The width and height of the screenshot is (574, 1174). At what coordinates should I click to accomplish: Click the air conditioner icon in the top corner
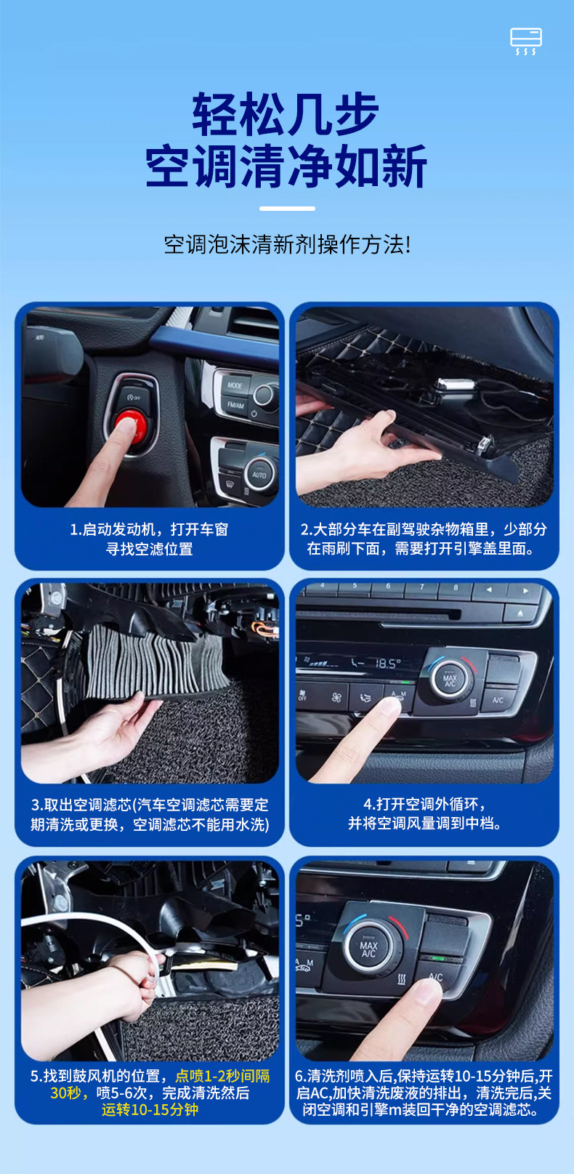[x=526, y=41]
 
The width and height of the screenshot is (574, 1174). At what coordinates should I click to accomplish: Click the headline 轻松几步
[x=286, y=114]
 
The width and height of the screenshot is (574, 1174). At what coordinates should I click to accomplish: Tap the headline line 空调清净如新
[x=286, y=166]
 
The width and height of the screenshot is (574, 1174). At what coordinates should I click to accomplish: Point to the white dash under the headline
[x=287, y=209]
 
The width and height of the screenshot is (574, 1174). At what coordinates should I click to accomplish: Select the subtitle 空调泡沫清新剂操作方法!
[x=287, y=244]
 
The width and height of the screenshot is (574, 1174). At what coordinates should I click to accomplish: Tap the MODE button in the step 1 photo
[x=235, y=385]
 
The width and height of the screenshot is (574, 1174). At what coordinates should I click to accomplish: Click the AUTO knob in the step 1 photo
[x=260, y=474]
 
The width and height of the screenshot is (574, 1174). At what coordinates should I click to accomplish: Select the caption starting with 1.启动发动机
[x=149, y=539]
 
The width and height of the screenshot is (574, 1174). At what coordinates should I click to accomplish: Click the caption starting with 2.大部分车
[x=424, y=539]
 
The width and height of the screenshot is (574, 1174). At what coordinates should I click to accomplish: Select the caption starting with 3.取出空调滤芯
[x=150, y=814]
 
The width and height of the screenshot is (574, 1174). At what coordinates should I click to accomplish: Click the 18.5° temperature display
[x=388, y=664]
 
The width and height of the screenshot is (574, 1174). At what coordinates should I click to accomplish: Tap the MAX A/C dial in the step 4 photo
[x=450, y=679]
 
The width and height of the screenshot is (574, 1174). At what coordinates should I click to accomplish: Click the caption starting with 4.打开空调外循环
[x=424, y=813]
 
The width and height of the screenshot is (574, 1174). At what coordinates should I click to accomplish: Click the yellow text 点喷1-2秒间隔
[x=222, y=1076]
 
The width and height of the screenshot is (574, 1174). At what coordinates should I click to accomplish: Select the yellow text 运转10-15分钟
[x=150, y=1109]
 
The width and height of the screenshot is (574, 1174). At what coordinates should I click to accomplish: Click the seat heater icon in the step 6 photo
[x=403, y=978]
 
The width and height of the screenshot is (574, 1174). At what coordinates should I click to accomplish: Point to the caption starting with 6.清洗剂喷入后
[x=424, y=1093]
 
